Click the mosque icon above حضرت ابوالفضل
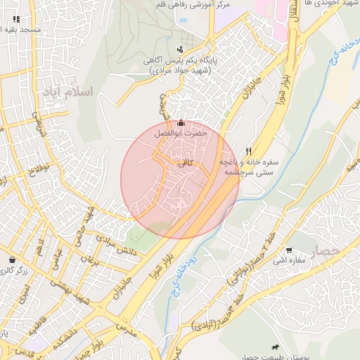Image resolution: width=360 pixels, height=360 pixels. [181, 123]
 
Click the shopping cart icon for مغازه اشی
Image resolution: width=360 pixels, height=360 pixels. [289, 250]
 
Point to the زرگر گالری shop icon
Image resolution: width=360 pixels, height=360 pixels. [12, 259]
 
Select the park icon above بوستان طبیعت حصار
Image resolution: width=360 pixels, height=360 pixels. [275, 347]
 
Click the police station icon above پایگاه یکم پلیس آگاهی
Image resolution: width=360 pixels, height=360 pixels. [181, 49]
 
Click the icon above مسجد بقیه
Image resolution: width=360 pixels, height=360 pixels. [16, 19]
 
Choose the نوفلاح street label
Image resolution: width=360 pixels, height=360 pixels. [39, 168]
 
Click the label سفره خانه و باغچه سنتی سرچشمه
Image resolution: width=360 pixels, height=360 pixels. [247, 167]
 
